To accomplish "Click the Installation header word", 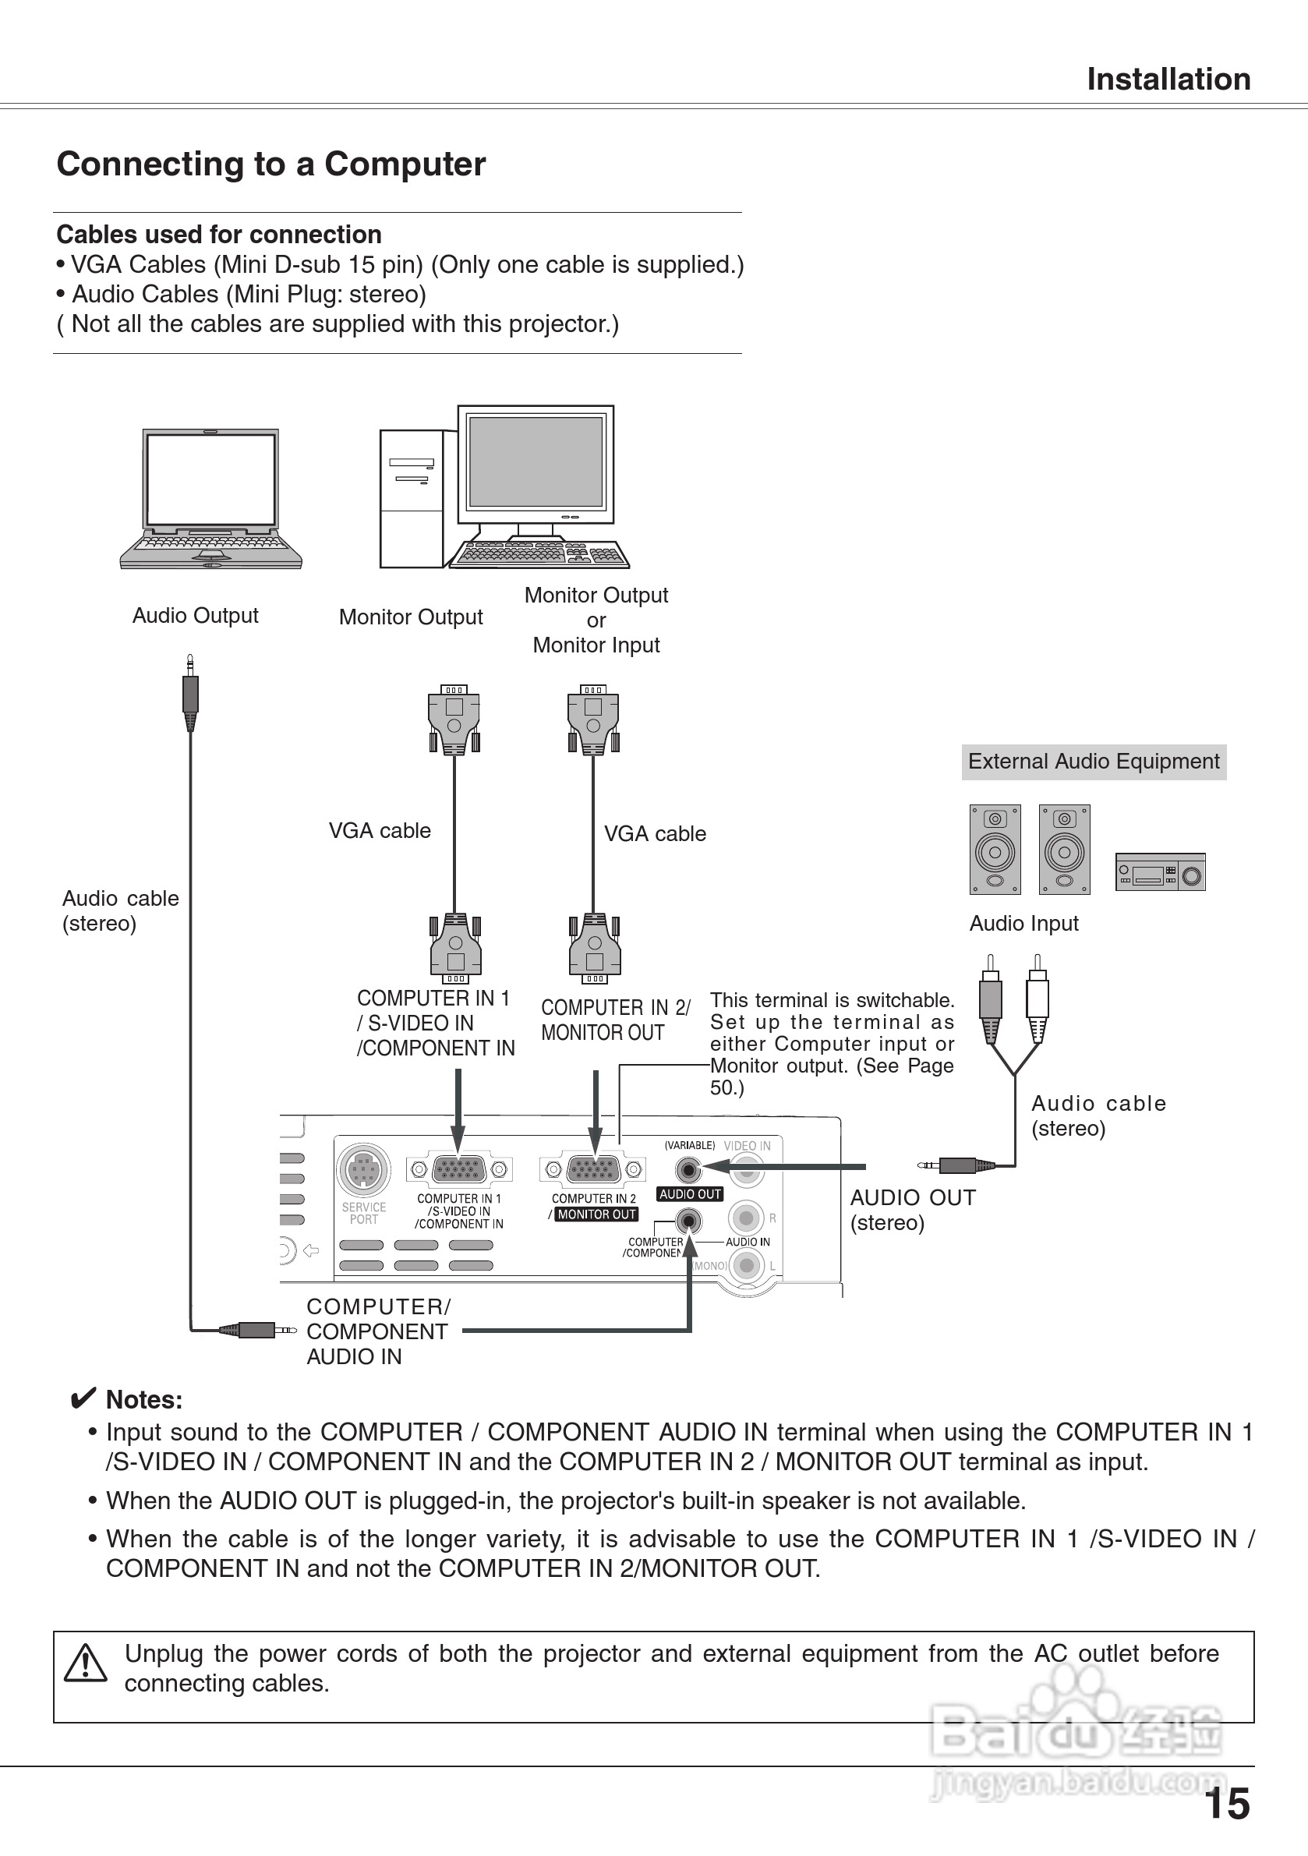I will click(x=1168, y=80).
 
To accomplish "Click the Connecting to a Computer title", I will click(x=270, y=164).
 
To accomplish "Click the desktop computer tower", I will click(x=412, y=499).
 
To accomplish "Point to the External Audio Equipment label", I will click(x=1093, y=762).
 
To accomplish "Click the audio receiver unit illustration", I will click(x=1160, y=872).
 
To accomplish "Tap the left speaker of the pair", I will click(x=995, y=849).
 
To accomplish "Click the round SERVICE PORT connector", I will click(x=364, y=1169).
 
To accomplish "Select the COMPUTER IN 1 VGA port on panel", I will click(x=458, y=1170).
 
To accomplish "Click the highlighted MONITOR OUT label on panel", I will click(x=596, y=1214).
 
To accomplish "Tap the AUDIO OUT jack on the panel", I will click(x=689, y=1170).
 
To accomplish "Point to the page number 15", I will click(x=1226, y=1804).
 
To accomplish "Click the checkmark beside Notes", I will click(x=83, y=1399).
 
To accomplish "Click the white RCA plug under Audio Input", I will click(x=1038, y=999).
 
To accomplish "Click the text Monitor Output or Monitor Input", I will click(x=596, y=620).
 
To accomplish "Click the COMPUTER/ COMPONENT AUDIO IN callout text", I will click(x=376, y=1331).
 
